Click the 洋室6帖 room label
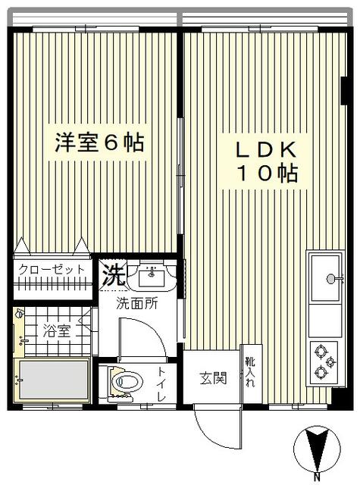tap(99, 142)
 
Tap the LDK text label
tap(266, 150)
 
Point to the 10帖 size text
tap(268, 174)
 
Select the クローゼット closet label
tap(52, 270)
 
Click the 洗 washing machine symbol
tap(114, 274)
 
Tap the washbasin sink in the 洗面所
tap(152, 276)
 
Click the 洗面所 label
tap(137, 303)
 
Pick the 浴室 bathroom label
tap(57, 330)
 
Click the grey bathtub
tap(54, 380)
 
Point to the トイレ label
tap(161, 383)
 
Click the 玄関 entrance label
tap(213, 378)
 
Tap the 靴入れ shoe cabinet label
tap(250, 372)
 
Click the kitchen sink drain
tap(330, 279)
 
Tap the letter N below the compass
tap(317, 477)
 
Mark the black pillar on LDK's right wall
tap(345, 91)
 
